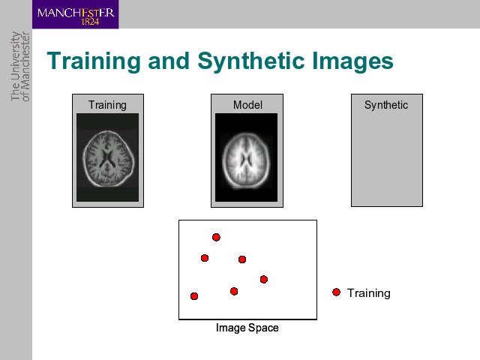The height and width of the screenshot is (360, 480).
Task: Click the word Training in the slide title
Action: tap(94, 61)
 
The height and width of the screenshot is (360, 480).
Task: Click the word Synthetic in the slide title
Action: tap(250, 61)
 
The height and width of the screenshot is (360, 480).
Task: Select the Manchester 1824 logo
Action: tap(75, 14)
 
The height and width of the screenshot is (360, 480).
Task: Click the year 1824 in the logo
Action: tap(90, 22)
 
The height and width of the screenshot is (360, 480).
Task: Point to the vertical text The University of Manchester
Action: tap(20, 67)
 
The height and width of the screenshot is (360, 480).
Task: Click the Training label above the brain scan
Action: tap(107, 105)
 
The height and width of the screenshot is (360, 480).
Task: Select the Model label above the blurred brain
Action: tap(247, 105)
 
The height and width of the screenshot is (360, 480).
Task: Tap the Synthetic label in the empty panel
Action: tap(386, 105)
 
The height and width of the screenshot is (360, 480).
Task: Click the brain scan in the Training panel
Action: tap(108, 157)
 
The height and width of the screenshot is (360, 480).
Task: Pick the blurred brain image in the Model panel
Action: tap(247, 157)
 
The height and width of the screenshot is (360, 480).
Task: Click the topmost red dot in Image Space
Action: tap(216, 237)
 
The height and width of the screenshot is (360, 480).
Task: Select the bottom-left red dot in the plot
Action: tap(194, 296)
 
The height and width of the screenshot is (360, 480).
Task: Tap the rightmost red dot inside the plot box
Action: tap(264, 279)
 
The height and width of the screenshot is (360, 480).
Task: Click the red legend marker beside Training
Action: tap(336, 292)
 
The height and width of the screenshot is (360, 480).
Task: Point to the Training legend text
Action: tap(368, 293)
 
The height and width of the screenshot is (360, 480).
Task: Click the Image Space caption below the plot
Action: tap(247, 328)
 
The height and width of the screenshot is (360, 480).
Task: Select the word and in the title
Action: tap(169, 61)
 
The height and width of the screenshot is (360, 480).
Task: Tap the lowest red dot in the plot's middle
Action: tap(234, 291)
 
